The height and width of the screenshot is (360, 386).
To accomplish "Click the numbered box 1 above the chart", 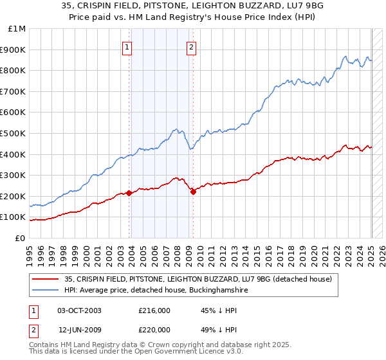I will click(x=127, y=46).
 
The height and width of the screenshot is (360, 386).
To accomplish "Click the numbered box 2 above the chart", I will click(x=192, y=46).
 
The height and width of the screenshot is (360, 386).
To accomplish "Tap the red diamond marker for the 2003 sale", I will click(x=129, y=193).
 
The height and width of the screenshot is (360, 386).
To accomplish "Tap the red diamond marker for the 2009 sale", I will click(x=193, y=192).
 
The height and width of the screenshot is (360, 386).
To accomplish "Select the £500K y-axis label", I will click(x=14, y=134).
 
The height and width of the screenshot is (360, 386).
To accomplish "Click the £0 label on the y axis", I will click(x=21, y=238).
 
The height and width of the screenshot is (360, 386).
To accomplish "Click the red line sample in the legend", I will click(x=45, y=279).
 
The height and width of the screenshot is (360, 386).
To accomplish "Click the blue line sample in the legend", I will click(x=45, y=291).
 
